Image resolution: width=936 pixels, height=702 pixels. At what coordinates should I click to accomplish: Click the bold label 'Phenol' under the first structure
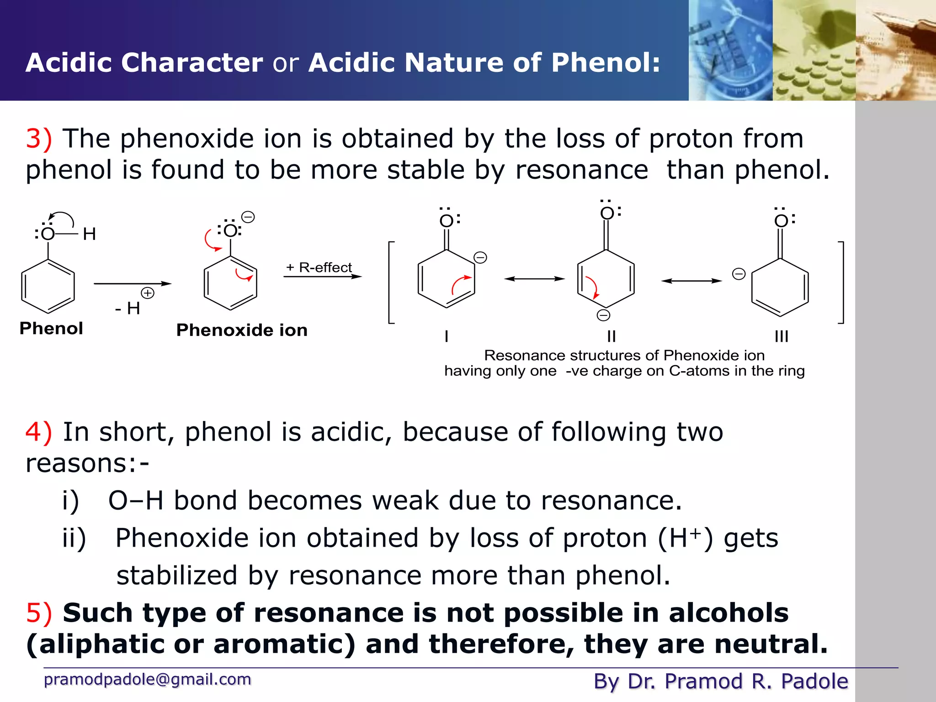(x=51, y=329)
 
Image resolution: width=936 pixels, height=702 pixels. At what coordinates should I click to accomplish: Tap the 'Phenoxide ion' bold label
(x=242, y=330)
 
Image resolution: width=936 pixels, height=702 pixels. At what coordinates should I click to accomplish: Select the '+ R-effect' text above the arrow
(x=319, y=267)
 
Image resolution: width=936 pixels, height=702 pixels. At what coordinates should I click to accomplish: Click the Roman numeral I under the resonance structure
(x=447, y=336)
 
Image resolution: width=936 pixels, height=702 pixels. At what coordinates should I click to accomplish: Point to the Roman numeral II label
(x=612, y=336)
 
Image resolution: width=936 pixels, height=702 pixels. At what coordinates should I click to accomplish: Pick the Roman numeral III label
(x=782, y=336)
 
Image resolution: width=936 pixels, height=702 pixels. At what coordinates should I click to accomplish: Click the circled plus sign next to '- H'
(x=147, y=293)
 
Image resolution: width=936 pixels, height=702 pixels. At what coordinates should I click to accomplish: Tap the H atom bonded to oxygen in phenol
(x=89, y=234)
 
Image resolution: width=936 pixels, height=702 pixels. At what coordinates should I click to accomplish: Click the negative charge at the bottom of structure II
(x=603, y=315)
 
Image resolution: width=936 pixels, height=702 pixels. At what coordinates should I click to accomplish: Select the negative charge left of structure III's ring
(x=739, y=274)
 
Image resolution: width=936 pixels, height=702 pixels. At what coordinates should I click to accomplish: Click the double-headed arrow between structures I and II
(x=534, y=279)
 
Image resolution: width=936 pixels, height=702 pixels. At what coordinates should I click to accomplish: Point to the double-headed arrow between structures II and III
(x=691, y=281)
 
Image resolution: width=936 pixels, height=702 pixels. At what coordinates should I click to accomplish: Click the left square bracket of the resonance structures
(x=391, y=282)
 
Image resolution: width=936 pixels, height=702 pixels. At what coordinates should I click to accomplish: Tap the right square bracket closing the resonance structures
(x=841, y=282)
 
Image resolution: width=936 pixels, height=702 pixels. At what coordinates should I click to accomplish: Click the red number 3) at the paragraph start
(x=38, y=138)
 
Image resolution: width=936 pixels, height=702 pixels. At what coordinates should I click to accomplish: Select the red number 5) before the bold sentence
(x=38, y=613)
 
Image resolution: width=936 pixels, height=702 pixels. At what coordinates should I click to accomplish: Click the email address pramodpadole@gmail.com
(x=147, y=680)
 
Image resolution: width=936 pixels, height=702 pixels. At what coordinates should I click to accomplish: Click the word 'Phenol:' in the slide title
(x=606, y=63)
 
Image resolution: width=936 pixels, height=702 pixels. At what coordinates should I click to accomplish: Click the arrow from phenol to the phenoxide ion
(x=132, y=284)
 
